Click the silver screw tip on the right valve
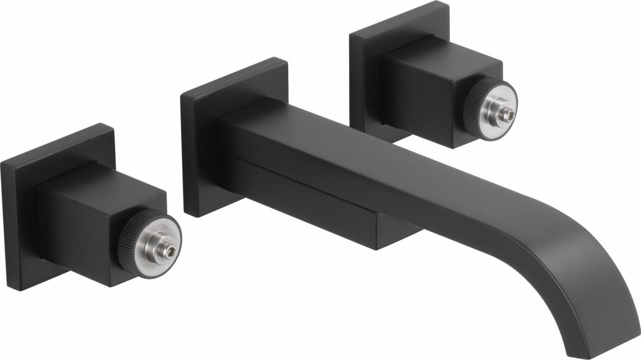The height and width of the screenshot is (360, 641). tap(509, 117)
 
